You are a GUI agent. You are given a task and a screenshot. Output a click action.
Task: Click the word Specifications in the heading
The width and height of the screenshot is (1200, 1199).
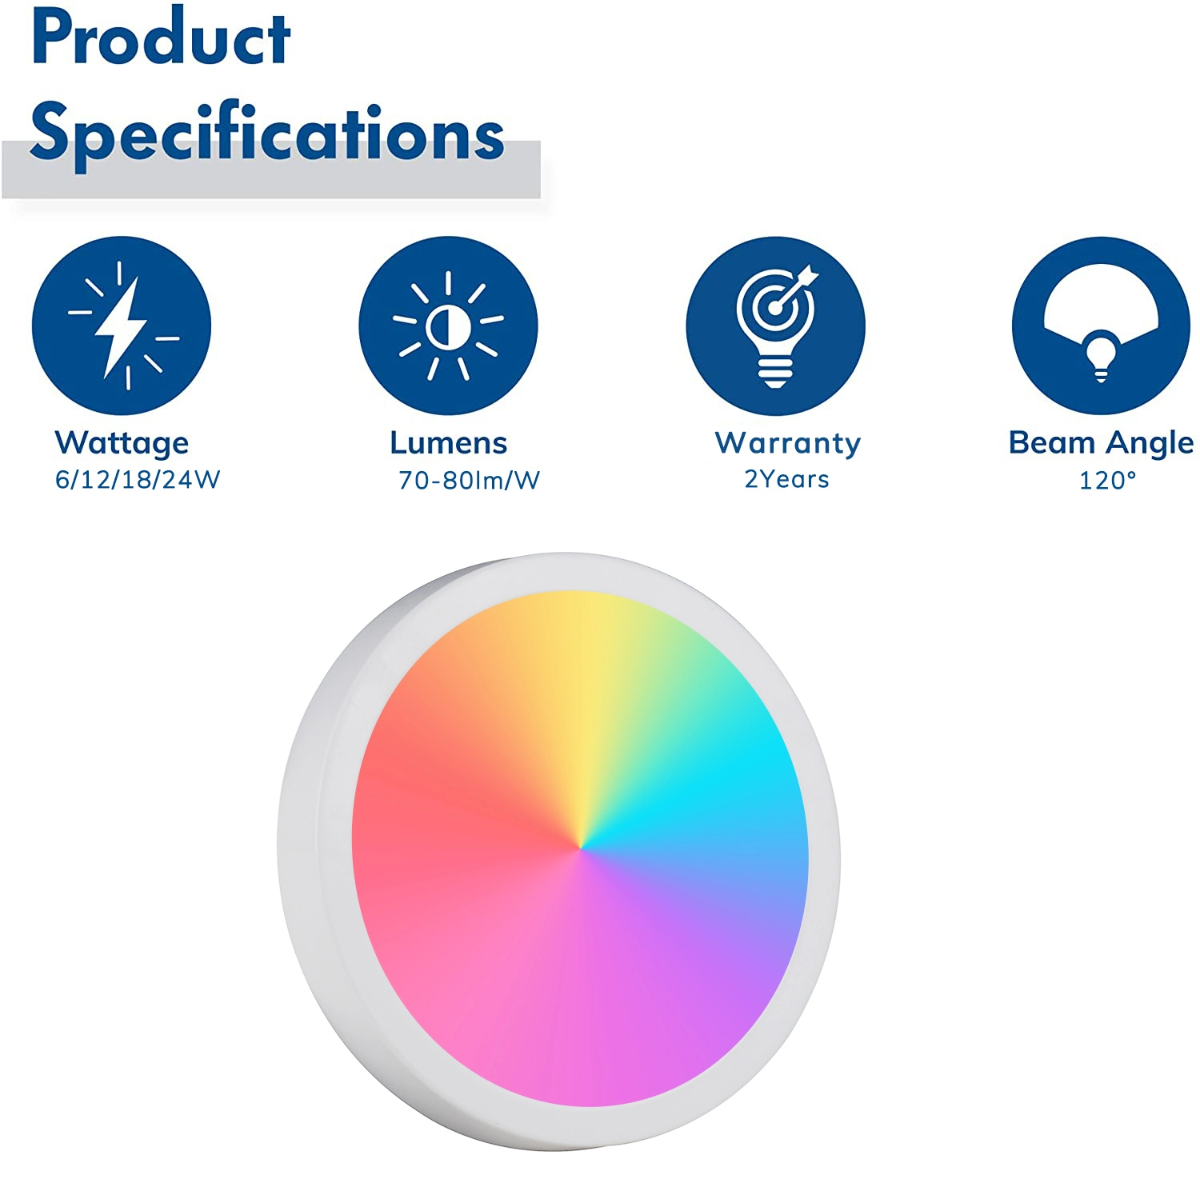[267, 134]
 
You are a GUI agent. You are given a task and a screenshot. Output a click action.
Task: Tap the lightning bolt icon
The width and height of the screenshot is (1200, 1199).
[122, 326]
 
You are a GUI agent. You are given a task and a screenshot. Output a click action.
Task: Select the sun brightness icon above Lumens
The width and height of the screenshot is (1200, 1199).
[448, 326]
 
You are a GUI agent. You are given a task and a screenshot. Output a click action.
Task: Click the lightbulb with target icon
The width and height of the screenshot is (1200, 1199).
[775, 326]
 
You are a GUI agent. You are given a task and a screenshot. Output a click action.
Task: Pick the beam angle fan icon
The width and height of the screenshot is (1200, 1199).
[1102, 326]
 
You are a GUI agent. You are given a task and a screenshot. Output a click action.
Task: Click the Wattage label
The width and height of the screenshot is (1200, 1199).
[122, 443]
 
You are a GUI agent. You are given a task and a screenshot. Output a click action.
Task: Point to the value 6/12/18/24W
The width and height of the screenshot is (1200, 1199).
[138, 479]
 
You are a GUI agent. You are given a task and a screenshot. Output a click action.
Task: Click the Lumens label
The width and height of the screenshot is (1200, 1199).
[449, 442]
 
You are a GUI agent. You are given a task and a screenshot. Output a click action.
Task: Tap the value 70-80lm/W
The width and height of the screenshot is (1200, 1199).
[470, 480]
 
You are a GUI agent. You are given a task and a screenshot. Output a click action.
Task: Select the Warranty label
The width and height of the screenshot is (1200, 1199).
[788, 443]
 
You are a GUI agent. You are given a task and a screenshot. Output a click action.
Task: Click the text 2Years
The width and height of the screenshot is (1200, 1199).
[787, 479]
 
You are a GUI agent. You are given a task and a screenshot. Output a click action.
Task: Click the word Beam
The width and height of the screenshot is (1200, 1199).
[1052, 442]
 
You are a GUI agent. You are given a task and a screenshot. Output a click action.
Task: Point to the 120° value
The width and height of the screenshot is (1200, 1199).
[1108, 480]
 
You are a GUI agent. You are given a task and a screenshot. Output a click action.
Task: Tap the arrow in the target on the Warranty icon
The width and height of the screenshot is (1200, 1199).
[797, 287]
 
